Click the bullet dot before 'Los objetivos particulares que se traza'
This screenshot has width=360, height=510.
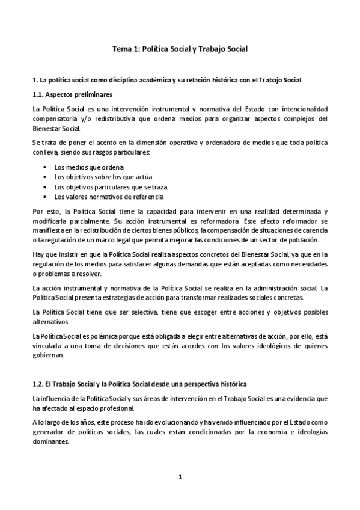[x=46, y=187]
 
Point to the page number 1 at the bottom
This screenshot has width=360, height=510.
[x=180, y=477]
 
